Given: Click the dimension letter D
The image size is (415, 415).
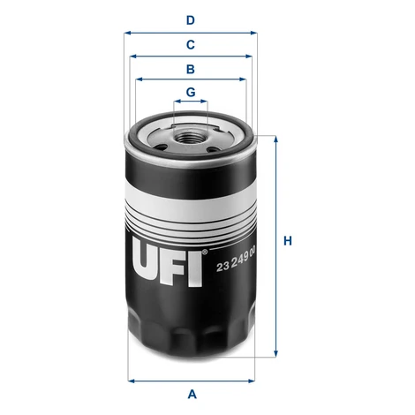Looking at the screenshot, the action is (191, 20).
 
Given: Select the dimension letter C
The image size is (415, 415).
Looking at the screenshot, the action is (191, 45).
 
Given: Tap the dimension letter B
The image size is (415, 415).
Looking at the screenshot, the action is (191, 69).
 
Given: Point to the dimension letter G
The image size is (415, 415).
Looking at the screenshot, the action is (191, 92).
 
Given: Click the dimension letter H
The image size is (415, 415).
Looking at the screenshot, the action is (288, 241).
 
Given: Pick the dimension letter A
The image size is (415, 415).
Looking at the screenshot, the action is (192, 394).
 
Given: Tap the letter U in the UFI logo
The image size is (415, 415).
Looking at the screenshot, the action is (149, 260).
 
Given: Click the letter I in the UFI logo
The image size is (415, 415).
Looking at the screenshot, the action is (195, 269).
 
